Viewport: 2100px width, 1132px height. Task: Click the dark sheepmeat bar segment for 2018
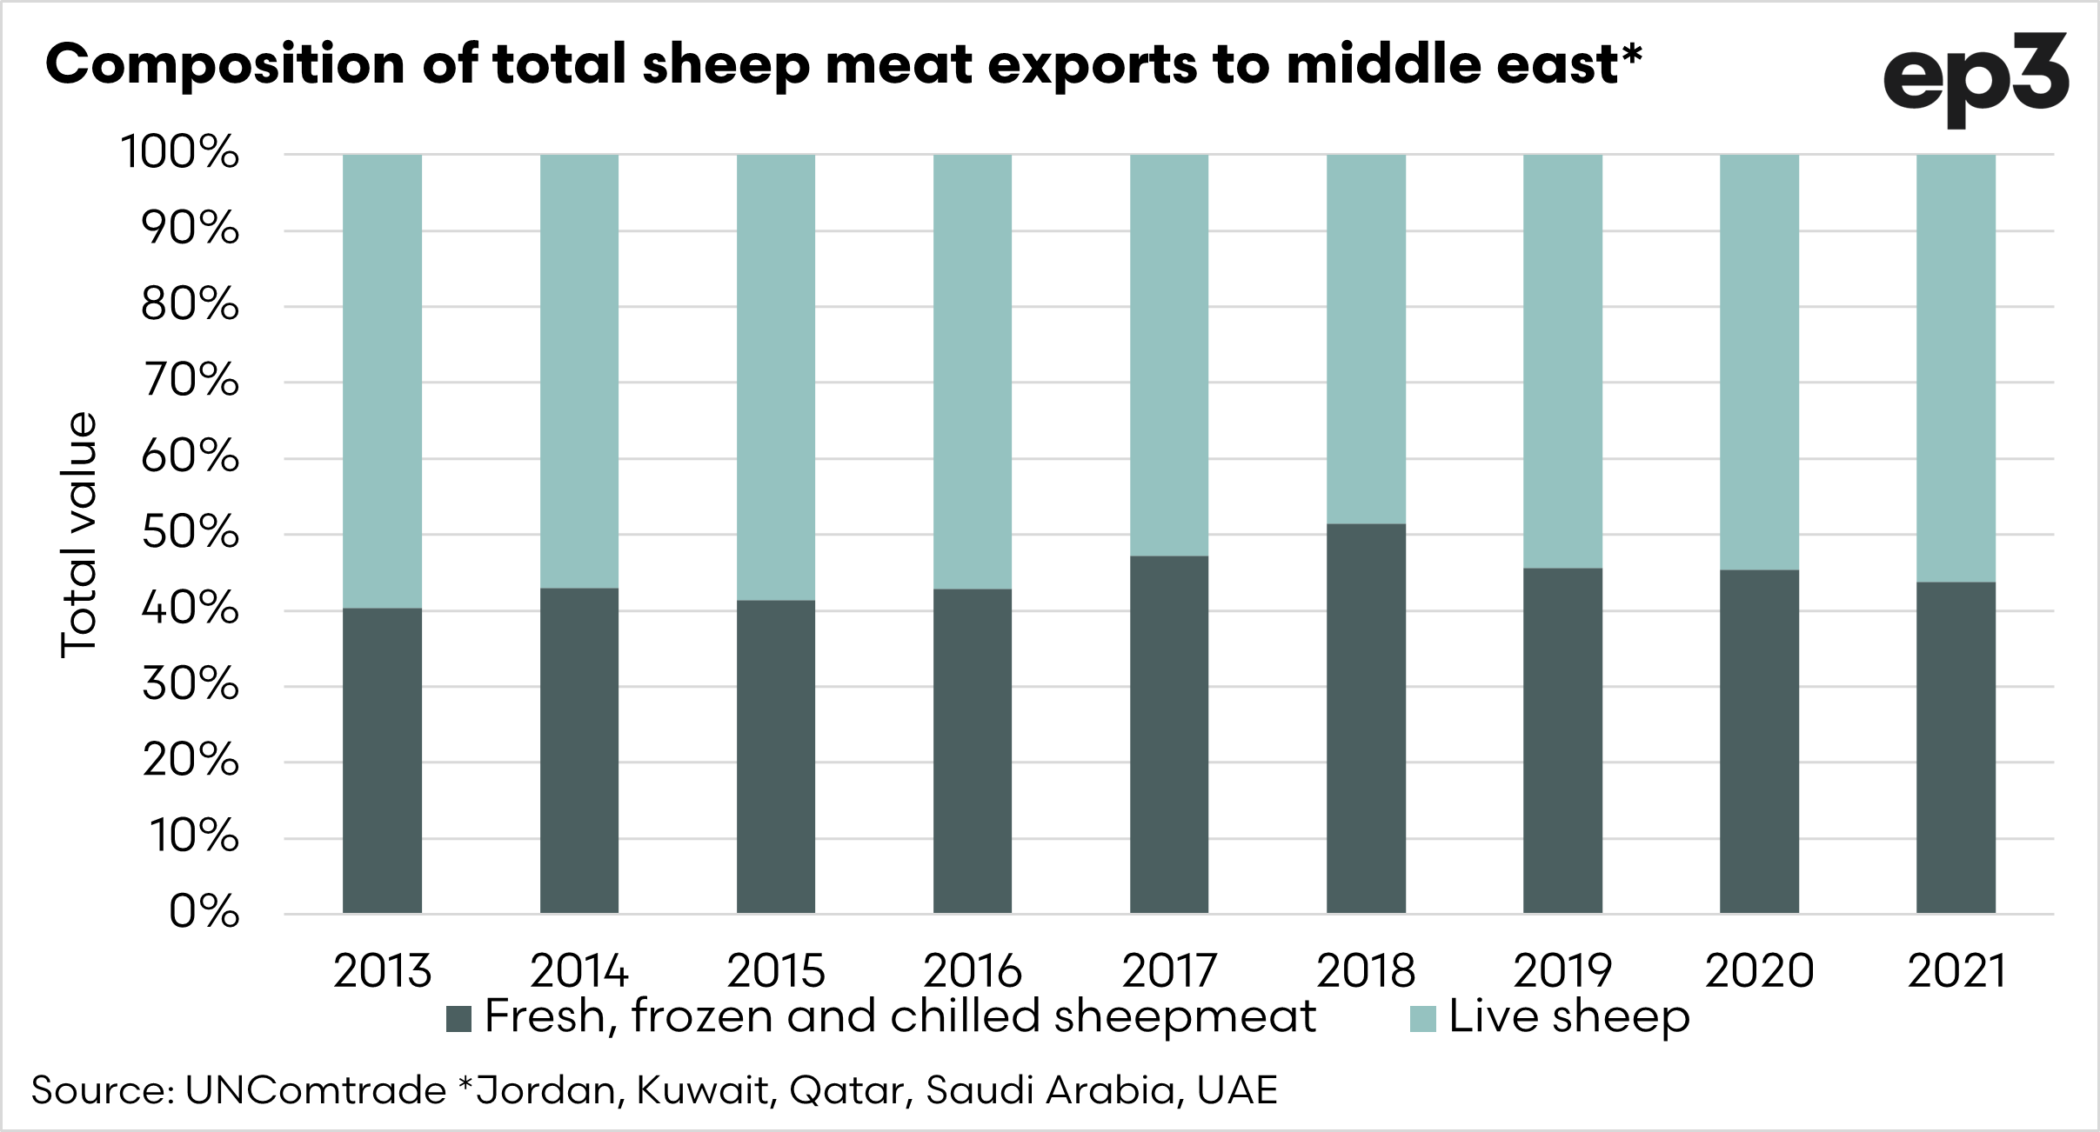[x=1366, y=718]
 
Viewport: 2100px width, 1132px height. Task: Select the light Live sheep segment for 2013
[x=382, y=381]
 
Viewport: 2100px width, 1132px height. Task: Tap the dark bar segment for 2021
[x=1956, y=748]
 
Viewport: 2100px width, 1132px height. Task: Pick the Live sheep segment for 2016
[x=973, y=371]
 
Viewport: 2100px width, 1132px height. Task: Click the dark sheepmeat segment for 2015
[x=776, y=756]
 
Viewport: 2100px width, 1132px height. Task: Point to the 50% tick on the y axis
[x=191, y=532]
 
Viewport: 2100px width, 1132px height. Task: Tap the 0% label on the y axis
[x=204, y=912]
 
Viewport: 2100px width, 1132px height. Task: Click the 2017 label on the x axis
[x=1168, y=971]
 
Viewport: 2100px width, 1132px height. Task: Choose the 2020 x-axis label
[x=1759, y=971]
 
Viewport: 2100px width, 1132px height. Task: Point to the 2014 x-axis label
[x=579, y=971]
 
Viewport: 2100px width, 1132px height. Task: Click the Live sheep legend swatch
[x=1422, y=1019]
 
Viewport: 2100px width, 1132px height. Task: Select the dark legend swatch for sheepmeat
[x=458, y=1019]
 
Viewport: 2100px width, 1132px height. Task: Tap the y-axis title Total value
[x=78, y=534]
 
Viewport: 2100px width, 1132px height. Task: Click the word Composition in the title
[x=225, y=65]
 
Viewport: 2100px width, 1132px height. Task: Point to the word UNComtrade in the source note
[x=316, y=1090]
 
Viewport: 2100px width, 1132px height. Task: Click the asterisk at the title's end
[x=1631, y=54]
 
